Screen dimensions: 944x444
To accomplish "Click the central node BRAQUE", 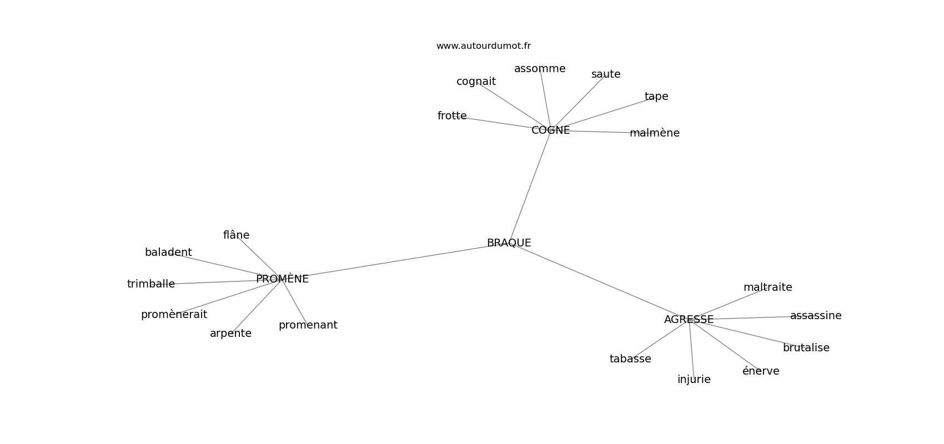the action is point(509,243).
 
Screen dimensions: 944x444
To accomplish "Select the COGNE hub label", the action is point(550,130).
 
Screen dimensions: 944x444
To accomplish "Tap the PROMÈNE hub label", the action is point(282,279).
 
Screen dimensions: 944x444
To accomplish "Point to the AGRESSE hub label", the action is point(689,320).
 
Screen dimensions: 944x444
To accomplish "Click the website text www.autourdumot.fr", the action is point(483,46).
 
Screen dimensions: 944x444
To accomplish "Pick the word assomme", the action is point(540,69).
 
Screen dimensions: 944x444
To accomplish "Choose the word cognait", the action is point(476,82).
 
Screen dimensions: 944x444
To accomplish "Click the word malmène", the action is point(655,133).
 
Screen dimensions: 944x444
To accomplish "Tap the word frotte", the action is point(452,116).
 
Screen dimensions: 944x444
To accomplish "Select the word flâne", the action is point(236,235).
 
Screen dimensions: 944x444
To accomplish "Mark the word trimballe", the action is point(151,284).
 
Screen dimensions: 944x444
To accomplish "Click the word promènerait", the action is point(174,314).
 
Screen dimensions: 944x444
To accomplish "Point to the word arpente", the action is point(230,334).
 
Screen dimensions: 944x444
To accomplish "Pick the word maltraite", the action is point(767,287).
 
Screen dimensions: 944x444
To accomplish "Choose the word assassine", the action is point(816,316).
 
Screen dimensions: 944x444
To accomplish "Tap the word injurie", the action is point(694,380).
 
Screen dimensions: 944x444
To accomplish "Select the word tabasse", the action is point(630,359).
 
